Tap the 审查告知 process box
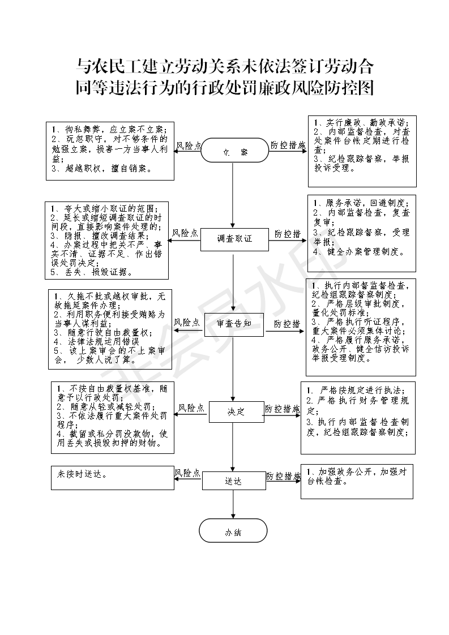234,324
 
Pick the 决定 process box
237,412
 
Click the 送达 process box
233,481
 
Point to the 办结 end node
233,531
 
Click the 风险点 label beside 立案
189,145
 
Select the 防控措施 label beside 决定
283,408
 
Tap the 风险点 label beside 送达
187,473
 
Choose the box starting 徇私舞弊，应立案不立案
110,150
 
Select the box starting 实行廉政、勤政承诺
362,151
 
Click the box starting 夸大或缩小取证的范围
108,241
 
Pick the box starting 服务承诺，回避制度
362,234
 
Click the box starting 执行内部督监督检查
361,327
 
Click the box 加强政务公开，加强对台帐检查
357,482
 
